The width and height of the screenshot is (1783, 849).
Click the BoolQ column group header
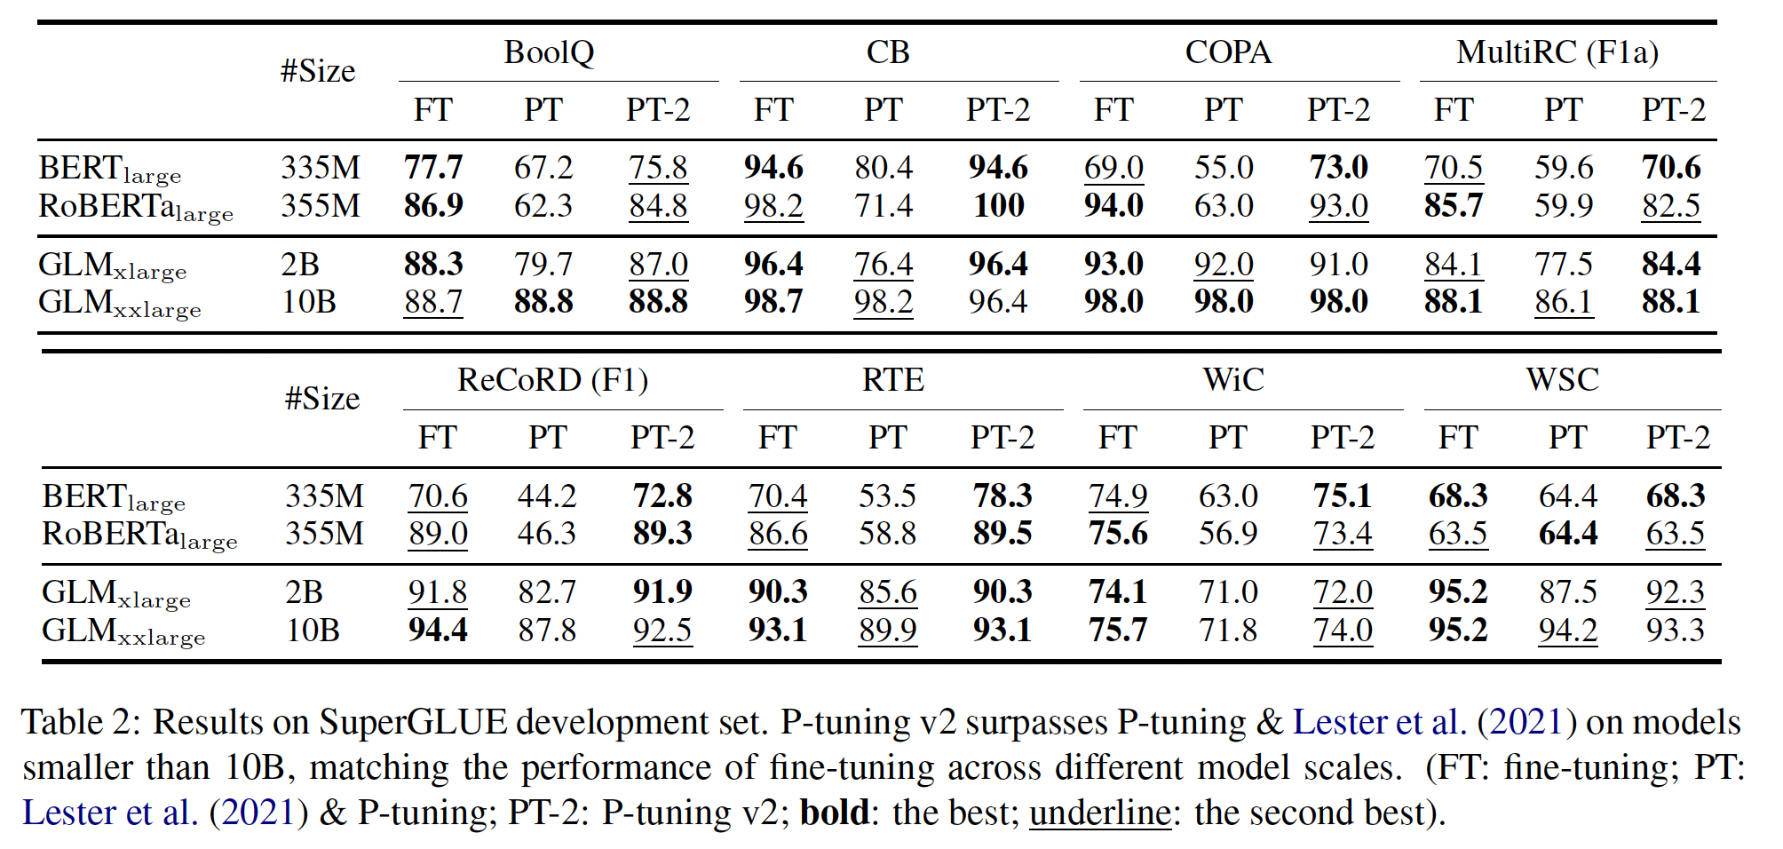[549, 52]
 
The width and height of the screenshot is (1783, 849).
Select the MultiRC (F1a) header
[1557, 52]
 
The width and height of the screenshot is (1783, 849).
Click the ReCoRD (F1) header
[552, 380]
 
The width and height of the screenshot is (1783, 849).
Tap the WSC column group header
[1562, 380]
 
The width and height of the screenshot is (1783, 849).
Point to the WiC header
[1233, 380]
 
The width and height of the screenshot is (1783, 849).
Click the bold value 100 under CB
[999, 206]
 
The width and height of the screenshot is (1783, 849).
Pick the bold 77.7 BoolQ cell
[433, 167]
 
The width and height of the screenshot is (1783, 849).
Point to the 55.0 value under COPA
[1223, 167]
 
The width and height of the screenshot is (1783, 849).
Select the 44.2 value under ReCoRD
[547, 496]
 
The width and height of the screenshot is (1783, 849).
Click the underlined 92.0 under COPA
[1223, 264]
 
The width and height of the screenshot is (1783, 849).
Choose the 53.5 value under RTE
[887, 496]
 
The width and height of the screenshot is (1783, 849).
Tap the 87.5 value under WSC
[1567, 592]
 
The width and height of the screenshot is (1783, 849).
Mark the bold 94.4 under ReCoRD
[438, 631]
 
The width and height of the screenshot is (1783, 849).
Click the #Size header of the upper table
[318, 71]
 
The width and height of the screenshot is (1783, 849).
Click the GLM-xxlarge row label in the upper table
[120, 304]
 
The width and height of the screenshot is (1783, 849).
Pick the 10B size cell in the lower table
[313, 631]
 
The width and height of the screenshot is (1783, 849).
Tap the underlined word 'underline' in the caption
[1099, 813]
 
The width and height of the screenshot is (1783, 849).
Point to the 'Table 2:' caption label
[81, 722]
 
